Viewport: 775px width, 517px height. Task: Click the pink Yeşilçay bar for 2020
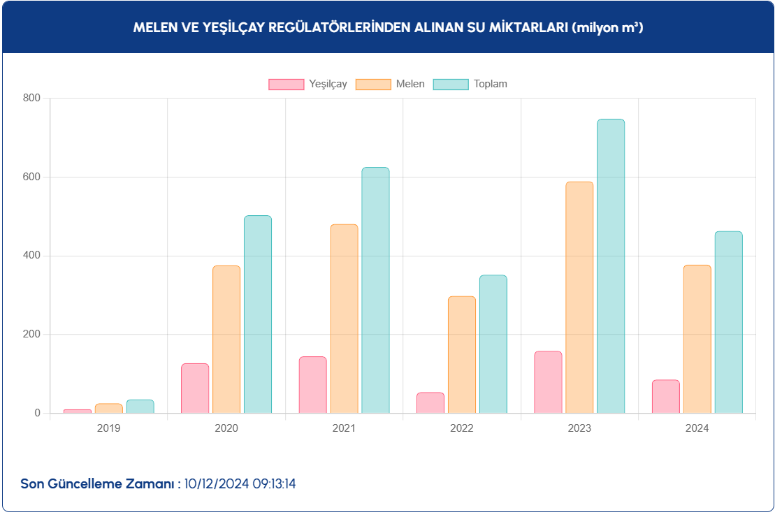(195, 388)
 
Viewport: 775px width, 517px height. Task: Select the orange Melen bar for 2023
(579, 298)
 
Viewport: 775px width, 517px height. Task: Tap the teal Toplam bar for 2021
(375, 291)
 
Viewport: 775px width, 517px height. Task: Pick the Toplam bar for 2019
(140, 407)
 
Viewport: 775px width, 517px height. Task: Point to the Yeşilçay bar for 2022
(430, 403)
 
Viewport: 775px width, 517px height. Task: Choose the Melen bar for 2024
(697, 339)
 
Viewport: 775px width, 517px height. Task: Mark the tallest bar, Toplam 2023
(611, 266)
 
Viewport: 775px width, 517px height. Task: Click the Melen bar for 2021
(344, 319)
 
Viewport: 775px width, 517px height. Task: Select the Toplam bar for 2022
(493, 344)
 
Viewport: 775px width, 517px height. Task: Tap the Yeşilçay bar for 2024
(665, 397)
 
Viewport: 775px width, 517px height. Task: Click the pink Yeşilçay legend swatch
(287, 85)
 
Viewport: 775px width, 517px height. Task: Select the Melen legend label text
(410, 85)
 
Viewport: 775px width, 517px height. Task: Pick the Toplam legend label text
(491, 85)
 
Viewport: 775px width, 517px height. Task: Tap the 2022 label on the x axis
(462, 428)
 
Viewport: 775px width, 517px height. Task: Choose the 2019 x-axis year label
(108, 428)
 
